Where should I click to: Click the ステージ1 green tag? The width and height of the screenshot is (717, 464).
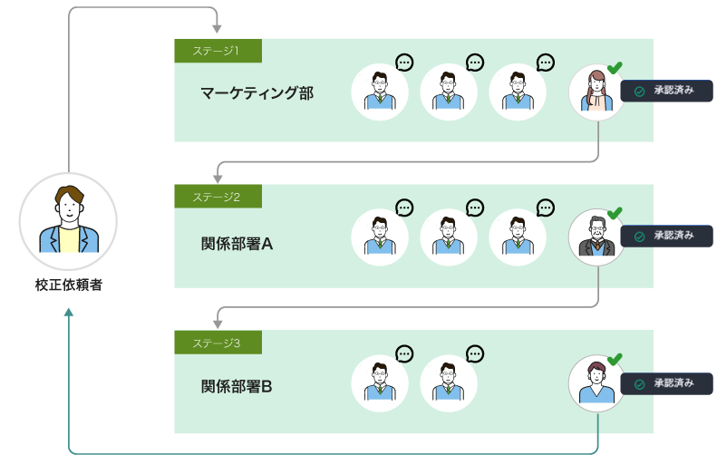point(218,51)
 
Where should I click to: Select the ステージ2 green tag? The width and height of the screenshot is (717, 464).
point(218,197)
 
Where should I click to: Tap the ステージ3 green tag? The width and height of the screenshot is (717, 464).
point(218,343)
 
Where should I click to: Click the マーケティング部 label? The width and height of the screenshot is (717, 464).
point(257,92)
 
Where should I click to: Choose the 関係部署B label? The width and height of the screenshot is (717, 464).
point(237,387)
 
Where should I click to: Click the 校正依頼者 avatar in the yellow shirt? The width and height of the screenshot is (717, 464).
point(69,222)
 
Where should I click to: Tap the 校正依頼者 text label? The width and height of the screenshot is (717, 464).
point(69,285)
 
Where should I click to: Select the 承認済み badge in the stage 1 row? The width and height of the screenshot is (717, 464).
point(666,92)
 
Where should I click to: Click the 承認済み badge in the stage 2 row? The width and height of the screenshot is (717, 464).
point(666,237)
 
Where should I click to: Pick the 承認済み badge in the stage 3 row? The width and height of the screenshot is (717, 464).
point(666,383)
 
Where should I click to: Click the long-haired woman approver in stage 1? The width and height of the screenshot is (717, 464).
point(597,92)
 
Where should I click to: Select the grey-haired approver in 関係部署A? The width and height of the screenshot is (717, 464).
point(597,237)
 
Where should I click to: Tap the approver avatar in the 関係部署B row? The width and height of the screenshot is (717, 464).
point(597,383)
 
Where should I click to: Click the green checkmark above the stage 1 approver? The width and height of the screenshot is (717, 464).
point(615,68)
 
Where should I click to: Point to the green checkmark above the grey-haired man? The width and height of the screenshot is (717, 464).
point(615,213)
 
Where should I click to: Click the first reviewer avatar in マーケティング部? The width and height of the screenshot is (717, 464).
point(380,92)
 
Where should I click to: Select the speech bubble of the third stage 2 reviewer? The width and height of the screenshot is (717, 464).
point(545,208)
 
